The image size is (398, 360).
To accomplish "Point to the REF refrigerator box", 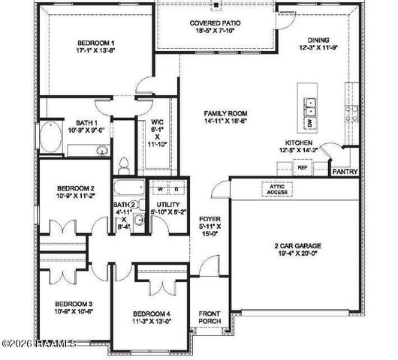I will tap(303, 168).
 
